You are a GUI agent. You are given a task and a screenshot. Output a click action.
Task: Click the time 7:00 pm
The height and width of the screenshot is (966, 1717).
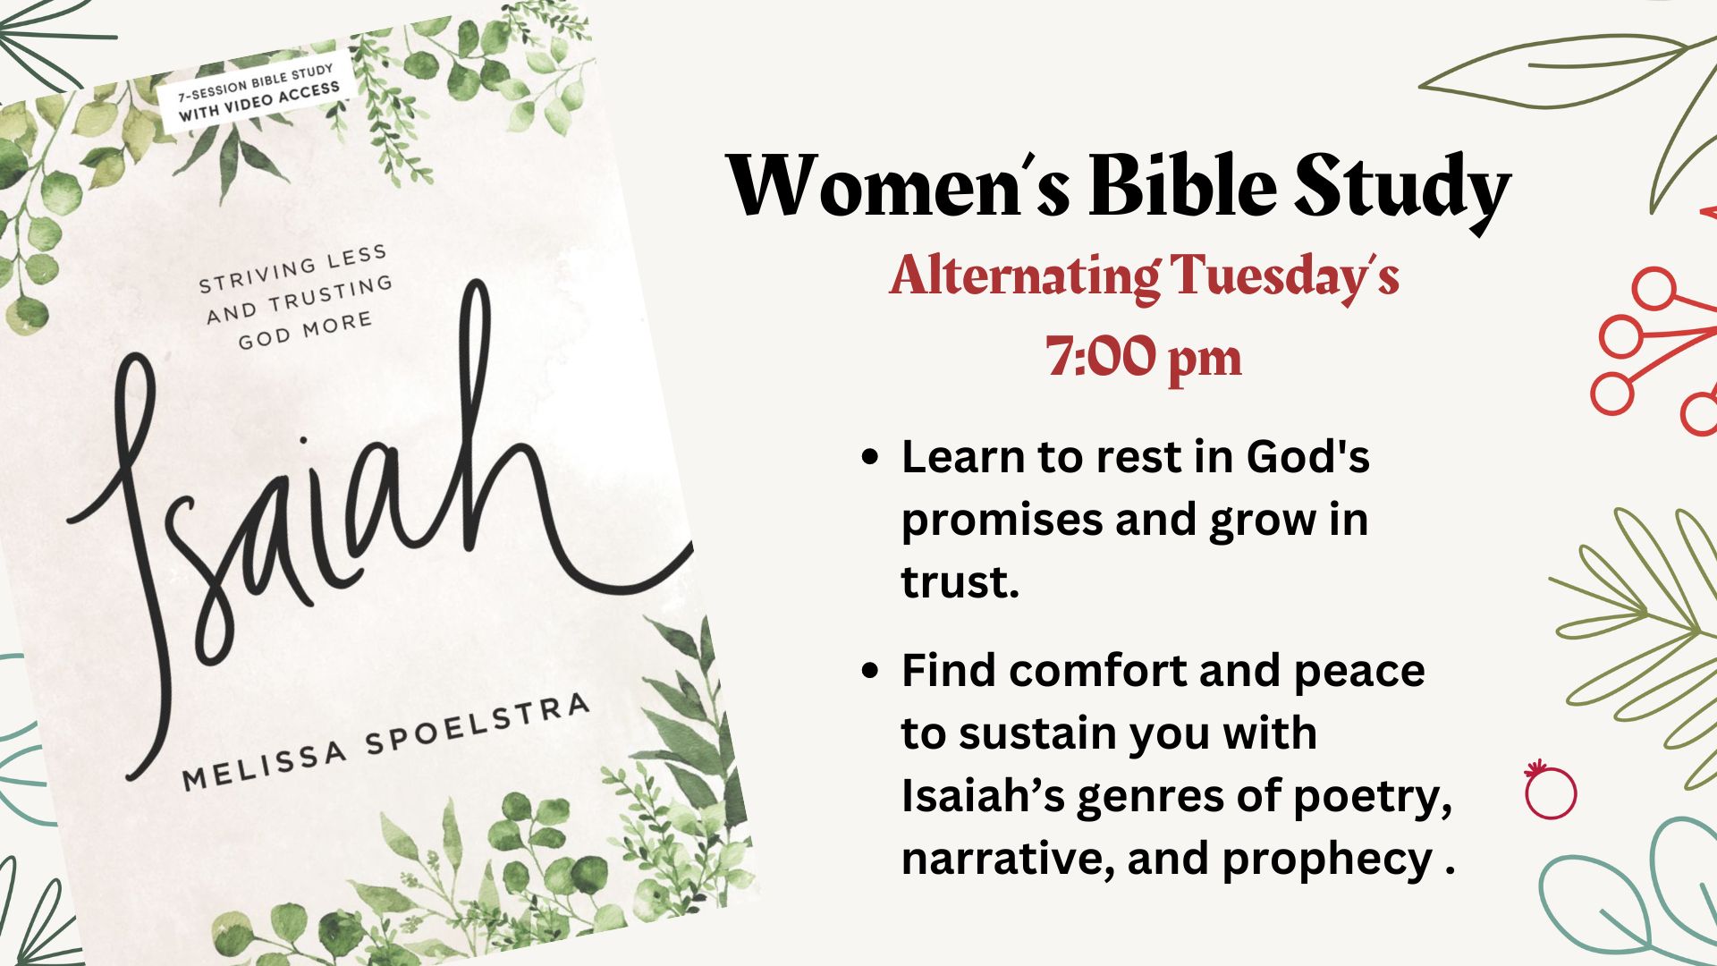(x=1144, y=358)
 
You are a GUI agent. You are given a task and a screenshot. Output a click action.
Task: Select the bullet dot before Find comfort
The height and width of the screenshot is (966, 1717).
(x=868, y=670)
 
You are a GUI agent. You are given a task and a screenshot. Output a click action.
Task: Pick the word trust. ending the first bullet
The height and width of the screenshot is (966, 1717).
(x=960, y=581)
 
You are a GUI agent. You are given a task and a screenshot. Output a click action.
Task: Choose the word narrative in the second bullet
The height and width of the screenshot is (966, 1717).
(x=1008, y=859)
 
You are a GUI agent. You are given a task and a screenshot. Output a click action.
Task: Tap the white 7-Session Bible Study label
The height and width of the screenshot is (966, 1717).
(x=258, y=91)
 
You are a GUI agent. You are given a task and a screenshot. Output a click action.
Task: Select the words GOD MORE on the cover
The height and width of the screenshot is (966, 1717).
(x=305, y=331)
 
